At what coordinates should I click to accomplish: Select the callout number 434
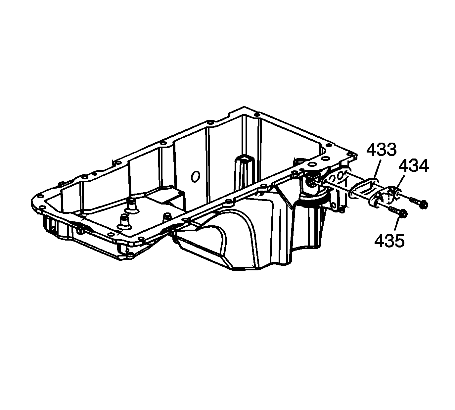point(414,166)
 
